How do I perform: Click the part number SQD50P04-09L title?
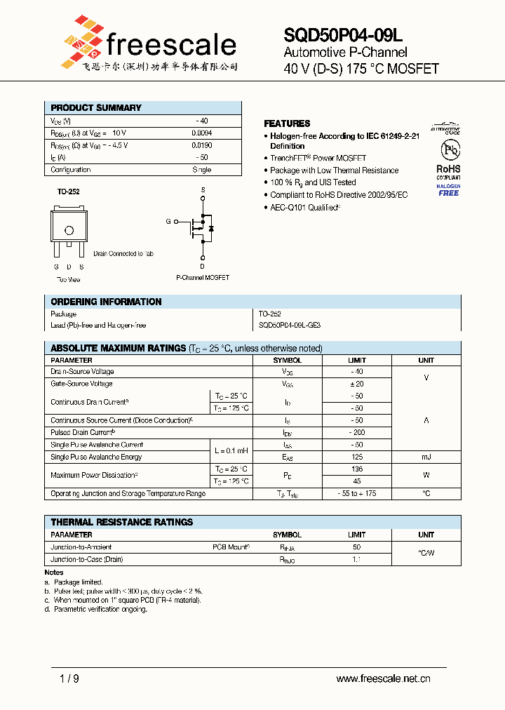pyautogui.click(x=343, y=35)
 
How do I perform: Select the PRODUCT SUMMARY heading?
pyautogui.click(x=96, y=108)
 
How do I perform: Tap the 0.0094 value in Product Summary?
pyautogui.click(x=201, y=133)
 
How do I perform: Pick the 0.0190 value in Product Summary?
pyautogui.click(x=201, y=145)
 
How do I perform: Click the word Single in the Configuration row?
pyautogui.click(x=201, y=170)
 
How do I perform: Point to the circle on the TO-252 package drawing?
pyautogui.click(x=69, y=230)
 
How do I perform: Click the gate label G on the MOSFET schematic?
pyautogui.click(x=168, y=222)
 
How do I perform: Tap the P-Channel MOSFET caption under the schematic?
pyautogui.click(x=203, y=277)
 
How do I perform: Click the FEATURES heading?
pyautogui.click(x=287, y=123)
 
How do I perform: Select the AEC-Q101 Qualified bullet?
pyautogui.click(x=306, y=207)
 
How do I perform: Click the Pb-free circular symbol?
pyautogui.click(x=448, y=150)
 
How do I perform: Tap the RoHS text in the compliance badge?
pyautogui.click(x=448, y=169)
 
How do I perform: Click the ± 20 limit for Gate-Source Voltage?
pyautogui.click(x=356, y=384)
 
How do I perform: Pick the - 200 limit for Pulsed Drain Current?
pyautogui.click(x=356, y=433)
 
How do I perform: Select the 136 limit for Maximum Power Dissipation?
pyautogui.click(x=356, y=469)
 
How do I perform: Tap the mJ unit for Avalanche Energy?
pyautogui.click(x=426, y=457)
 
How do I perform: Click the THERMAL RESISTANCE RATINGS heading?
pyautogui.click(x=121, y=523)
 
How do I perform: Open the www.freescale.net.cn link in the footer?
pyautogui.click(x=383, y=678)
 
